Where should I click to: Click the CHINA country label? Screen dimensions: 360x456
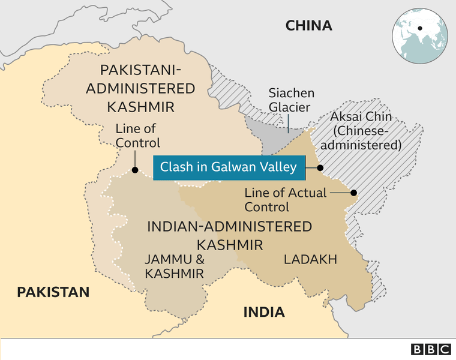tap(308, 25)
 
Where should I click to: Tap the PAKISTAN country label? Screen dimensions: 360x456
tap(53, 292)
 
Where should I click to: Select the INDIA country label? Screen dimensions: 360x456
tap(263, 312)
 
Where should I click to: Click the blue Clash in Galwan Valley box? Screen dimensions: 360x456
tap(228, 167)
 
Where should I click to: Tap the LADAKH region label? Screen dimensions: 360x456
tap(310, 259)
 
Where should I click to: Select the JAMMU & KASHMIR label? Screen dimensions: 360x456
tap(174, 266)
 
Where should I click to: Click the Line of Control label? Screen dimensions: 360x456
tap(137, 136)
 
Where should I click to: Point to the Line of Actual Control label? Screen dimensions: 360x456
tap(286, 200)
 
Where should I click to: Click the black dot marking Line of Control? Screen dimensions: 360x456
tap(135, 170)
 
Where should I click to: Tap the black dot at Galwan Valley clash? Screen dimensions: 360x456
tap(320, 167)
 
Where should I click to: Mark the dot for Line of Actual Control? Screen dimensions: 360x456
tap(353, 193)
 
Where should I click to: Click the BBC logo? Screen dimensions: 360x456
tap(431, 349)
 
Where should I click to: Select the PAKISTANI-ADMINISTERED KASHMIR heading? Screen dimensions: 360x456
tap(140, 88)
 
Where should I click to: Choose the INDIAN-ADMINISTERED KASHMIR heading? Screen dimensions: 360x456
tap(230, 235)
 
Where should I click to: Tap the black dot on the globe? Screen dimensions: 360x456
tap(420, 28)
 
